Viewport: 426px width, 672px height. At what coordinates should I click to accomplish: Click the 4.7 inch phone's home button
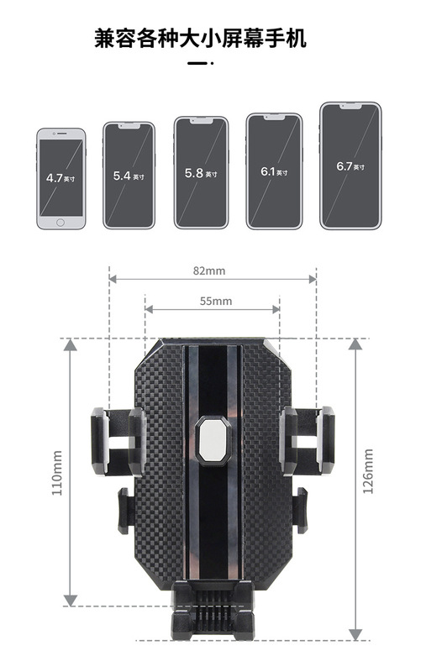pyautogui.click(x=60, y=223)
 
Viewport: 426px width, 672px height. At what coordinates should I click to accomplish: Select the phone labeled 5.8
pyautogui.click(x=201, y=173)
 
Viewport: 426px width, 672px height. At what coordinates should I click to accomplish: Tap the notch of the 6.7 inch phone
pyautogui.click(x=350, y=106)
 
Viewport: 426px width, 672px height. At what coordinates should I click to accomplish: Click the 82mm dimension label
pyautogui.click(x=208, y=270)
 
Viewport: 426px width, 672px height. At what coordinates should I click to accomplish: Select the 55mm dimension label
pyautogui.click(x=216, y=302)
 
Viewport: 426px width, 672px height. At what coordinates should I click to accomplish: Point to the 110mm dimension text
pyautogui.click(x=57, y=473)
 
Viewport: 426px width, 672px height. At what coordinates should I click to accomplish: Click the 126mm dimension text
pyautogui.click(x=368, y=471)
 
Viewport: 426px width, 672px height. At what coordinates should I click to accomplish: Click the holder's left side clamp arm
pyautogui.click(x=118, y=442)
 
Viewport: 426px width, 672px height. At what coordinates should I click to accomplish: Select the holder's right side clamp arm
pyautogui.click(x=307, y=440)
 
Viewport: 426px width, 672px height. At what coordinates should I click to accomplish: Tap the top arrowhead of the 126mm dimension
pyautogui.click(x=355, y=344)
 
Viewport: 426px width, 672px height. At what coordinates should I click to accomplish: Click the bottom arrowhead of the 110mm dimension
pyautogui.click(x=71, y=600)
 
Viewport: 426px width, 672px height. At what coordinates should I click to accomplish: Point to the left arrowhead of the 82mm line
pyautogui.click(x=113, y=280)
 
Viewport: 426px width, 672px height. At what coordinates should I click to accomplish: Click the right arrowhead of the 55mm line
pyautogui.click(x=276, y=309)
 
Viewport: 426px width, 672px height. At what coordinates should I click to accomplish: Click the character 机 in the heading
pyautogui.click(x=296, y=39)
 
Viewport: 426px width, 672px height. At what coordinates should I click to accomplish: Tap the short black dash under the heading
pyautogui.click(x=197, y=64)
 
